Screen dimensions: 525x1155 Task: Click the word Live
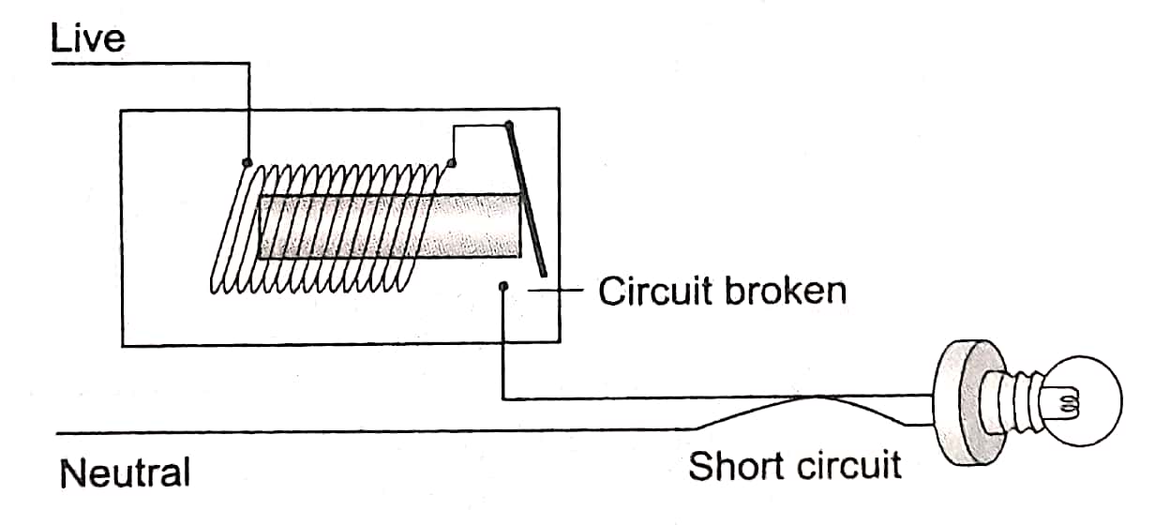point(87,39)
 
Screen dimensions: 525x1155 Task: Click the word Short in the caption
point(732,465)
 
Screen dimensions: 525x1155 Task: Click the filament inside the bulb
point(1068,405)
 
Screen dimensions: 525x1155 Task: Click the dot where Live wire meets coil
point(247,161)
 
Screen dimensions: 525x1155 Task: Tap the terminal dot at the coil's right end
point(452,164)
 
